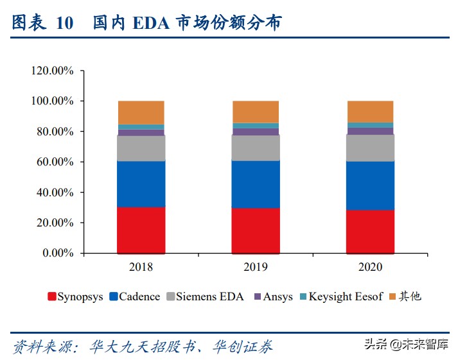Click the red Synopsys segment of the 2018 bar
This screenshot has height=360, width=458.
(x=141, y=230)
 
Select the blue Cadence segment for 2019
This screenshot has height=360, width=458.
(x=256, y=184)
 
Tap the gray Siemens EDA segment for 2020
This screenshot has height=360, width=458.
(x=370, y=148)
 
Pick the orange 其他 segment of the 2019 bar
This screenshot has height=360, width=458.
(x=256, y=112)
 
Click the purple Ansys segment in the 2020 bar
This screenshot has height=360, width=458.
(x=370, y=131)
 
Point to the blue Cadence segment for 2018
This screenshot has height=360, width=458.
(x=141, y=184)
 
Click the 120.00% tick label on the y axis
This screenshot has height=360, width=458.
(x=52, y=71)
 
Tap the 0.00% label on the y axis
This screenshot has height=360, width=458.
(x=57, y=253)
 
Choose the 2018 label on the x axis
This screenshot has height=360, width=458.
(x=141, y=266)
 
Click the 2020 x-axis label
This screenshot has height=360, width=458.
(x=370, y=266)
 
